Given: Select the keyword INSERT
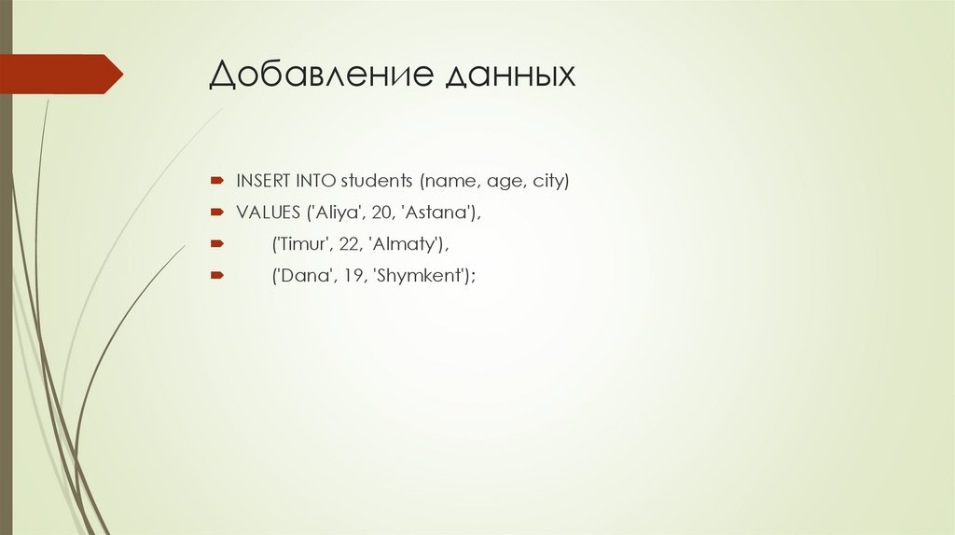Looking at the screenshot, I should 262,181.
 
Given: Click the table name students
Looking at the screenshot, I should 376,181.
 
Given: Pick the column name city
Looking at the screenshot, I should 548,182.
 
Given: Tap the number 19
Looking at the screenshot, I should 348,276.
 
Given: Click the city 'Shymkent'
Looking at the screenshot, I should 420,277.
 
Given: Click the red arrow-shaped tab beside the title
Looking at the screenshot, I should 65,74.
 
